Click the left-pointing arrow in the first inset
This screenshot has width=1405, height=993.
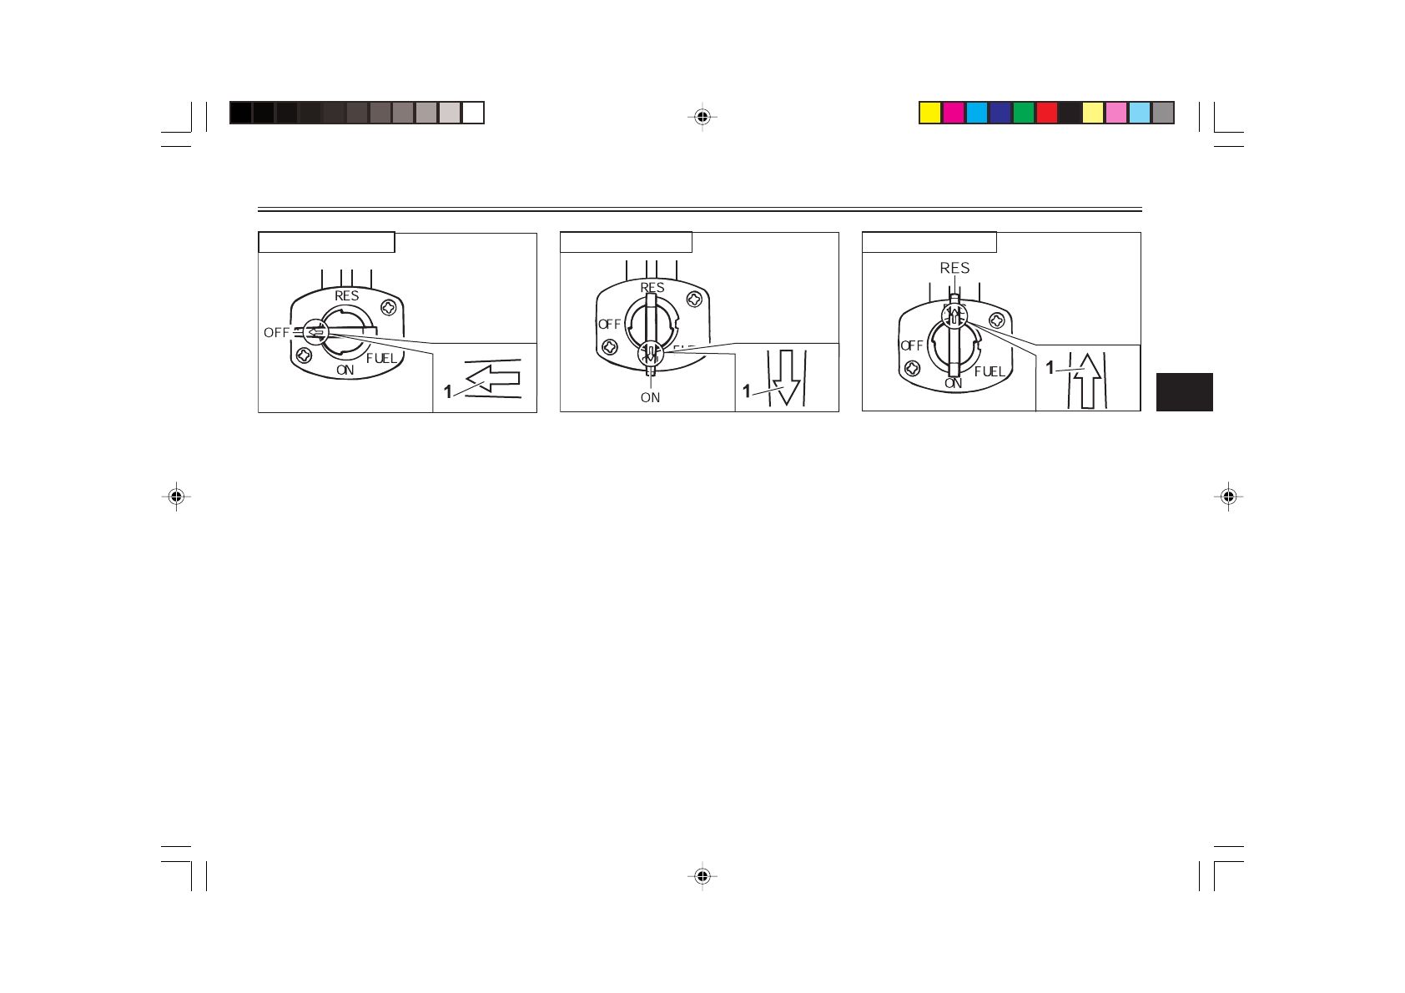pyautogui.click(x=493, y=381)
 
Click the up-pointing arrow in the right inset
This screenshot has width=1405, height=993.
pyautogui.click(x=1086, y=380)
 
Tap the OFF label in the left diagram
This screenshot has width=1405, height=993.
pyautogui.click(x=276, y=333)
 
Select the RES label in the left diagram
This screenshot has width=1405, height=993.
pyautogui.click(x=347, y=296)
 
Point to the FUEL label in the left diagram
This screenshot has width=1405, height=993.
pyautogui.click(x=381, y=359)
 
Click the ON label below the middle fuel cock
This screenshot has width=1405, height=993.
pyautogui.click(x=650, y=398)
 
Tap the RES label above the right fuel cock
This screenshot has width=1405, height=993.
pyautogui.click(x=954, y=268)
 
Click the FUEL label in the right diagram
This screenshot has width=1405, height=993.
pyautogui.click(x=990, y=371)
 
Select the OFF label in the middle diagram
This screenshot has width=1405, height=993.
pyautogui.click(x=610, y=325)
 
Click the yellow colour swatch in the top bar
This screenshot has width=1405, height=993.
pyautogui.click(x=930, y=113)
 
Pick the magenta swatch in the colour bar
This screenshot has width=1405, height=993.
pyautogui.click(x=954, y=113)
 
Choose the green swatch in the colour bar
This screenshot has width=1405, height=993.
pyautogui.click(x=1024, y=113)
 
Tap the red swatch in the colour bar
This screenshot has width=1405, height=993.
pyautogui.click(x=1047, y=113)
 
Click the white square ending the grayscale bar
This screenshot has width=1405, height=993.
pyautogui.click(x=473, y=113)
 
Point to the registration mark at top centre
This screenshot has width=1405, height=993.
pyautogui.click(x=702, y=117)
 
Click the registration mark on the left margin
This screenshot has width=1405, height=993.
pyautogui.click(x=176, y=497)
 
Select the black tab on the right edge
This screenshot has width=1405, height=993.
pyautogui.click(x=1184, y=392)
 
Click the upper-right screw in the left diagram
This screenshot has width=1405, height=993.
pyautogui.click(x=388, y=308)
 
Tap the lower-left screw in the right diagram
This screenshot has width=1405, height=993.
pyautogui.click(x=913, y=368)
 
